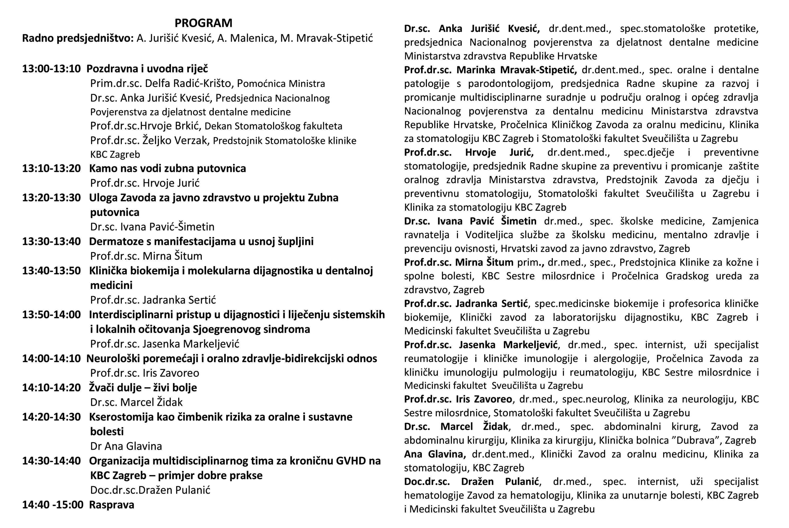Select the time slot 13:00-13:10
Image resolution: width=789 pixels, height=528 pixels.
pos(51,69)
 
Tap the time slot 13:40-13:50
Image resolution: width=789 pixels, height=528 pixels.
pos(51,271)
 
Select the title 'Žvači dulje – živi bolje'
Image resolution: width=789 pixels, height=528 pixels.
pos(143,388)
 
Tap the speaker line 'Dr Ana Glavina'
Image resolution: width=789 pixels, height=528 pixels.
pos(126,446)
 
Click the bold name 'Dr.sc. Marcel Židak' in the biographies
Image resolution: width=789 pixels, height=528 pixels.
pos(456,427)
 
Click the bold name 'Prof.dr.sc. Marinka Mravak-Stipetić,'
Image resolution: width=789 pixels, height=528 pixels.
pos(490,70)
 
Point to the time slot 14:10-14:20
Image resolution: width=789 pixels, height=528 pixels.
pos(51,388)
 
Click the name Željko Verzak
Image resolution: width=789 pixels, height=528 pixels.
pos(175,140)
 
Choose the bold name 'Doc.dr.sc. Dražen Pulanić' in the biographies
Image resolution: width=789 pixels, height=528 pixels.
pos(472,482)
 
